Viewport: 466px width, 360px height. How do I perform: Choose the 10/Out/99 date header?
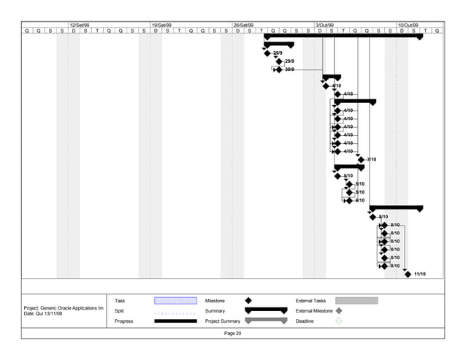tap(407, 25)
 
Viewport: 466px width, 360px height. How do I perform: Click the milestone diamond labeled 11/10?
tap(408, 275)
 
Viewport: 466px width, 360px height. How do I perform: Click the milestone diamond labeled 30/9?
tap(279, 69)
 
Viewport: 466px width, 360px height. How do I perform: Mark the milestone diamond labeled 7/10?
tap(360, 158)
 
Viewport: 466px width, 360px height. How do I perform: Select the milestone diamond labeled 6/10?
tap(349, 200)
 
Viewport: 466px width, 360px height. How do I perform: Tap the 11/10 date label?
tap(419, 275)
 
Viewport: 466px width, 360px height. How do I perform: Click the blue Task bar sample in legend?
tap(175, 300)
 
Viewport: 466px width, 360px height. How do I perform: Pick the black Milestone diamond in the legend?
tap(248, 300)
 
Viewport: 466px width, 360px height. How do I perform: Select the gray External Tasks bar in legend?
tap(356, 300)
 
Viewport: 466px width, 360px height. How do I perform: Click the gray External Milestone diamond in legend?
tap(338, 310)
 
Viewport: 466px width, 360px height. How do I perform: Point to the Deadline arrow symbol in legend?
tap(338, 321)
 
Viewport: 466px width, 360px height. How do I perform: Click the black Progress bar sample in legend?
tap(175, 321)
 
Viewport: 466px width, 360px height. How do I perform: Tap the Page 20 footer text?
tap(233, 334)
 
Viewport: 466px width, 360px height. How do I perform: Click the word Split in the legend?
tap(119, 310)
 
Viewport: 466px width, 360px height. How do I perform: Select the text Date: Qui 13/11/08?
tap(47, 314)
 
